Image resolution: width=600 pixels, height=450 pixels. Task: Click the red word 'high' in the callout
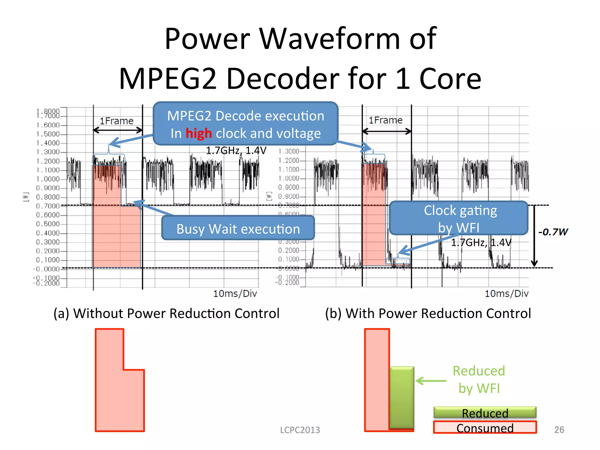(199, 134)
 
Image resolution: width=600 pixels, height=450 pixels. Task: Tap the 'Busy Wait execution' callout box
(238, 229)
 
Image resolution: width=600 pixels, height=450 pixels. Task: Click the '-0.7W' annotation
(553, 232)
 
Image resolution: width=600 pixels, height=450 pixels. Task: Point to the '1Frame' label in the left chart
(117, 121)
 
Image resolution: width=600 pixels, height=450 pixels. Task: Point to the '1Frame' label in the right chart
(386, 120)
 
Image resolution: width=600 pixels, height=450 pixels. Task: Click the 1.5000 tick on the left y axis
(48, 134)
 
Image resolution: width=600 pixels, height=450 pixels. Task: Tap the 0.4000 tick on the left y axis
(48, 233)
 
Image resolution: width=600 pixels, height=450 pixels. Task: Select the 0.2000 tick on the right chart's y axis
(289, 250)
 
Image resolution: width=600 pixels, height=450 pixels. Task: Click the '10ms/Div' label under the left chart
(235, 294)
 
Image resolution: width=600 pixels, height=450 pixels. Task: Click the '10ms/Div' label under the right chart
(507, 294)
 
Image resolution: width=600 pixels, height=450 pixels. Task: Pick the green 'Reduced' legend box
(485, 412)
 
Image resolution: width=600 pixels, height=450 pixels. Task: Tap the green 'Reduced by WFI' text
(479, 379)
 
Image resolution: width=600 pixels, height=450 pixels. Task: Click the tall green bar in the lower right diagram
(402, 397)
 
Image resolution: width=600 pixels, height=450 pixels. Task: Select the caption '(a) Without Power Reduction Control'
(166, 313)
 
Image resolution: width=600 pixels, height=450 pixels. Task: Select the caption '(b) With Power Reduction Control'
(428, 313)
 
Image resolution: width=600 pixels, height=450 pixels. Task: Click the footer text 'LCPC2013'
(300, 430)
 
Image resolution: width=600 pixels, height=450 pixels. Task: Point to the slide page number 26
(559, 429)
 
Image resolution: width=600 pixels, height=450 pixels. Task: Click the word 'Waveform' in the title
(329, 39)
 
